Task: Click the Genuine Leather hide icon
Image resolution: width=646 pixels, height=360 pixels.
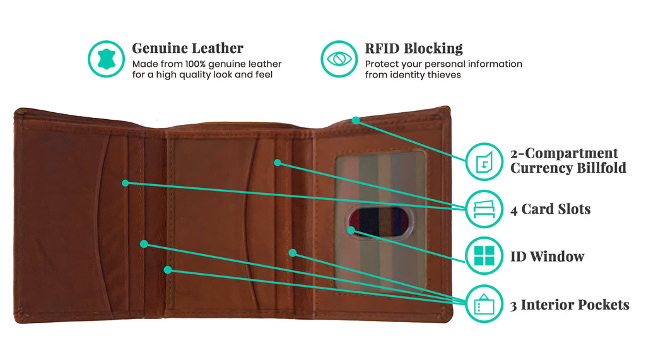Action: [x=106, y=59]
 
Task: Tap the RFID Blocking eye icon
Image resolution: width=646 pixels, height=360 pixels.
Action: [x=339, y=59]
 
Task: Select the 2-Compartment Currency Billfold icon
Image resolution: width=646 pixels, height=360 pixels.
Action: [x=484, y=161]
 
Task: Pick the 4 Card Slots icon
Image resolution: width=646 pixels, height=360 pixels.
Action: [x=484, y=209]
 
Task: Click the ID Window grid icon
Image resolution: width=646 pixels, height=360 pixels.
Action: [x=484, y=256]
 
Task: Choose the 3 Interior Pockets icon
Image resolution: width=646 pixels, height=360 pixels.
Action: [x=484, y=305]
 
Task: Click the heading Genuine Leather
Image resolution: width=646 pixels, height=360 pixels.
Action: [x=187, y=49]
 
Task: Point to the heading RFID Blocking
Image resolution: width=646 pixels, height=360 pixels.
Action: [x=413, y=49]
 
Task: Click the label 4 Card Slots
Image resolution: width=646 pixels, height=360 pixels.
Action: [x=550, y=209]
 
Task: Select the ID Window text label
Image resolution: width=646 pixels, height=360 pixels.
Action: [x=547, y=257]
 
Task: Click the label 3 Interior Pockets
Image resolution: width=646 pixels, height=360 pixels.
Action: [x=569, y=305]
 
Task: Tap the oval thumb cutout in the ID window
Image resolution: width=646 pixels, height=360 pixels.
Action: [x=379, y=221]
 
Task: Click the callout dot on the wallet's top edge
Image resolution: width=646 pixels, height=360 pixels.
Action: [x=356, y=120]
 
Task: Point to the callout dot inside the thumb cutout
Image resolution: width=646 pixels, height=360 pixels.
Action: [x=351, y=230]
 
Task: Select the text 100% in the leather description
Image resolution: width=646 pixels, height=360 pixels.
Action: [x=198, y=64]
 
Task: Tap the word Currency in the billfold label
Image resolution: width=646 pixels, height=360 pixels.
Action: [x=542, y=168]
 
